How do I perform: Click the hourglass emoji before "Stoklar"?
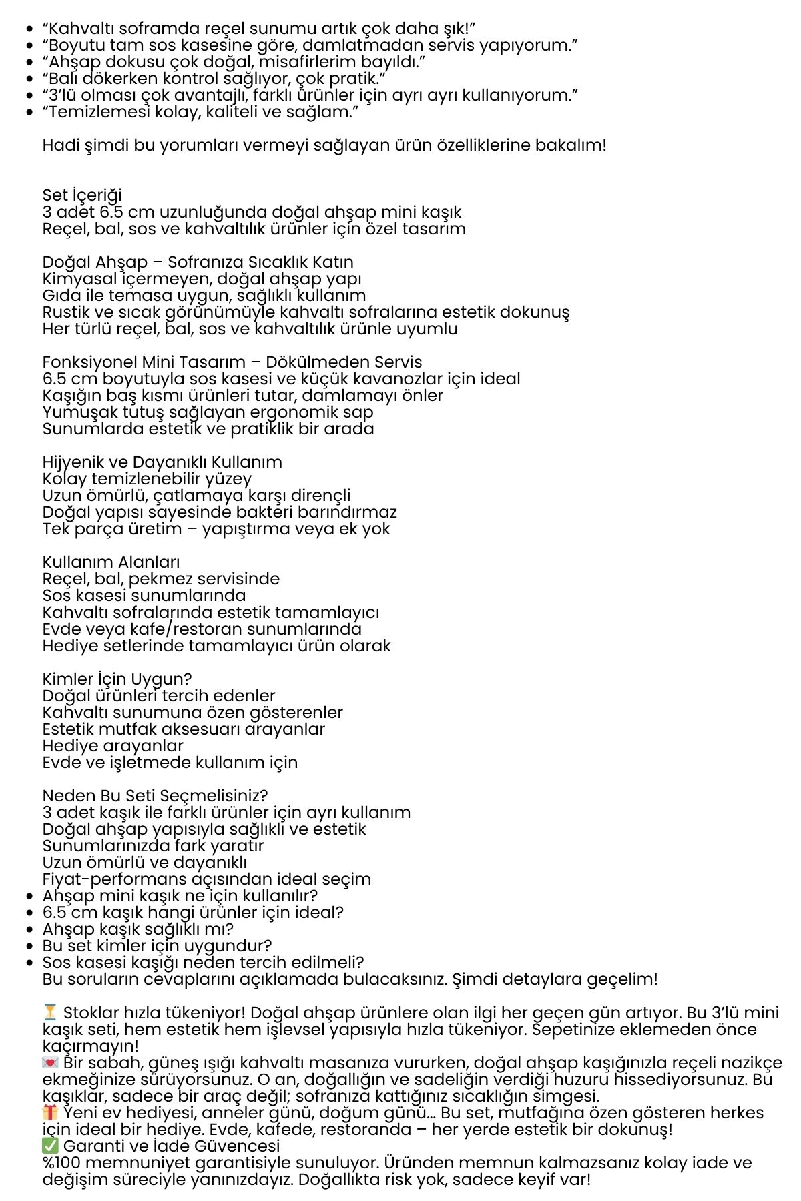coord(50,1013)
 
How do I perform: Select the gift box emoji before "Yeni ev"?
coord(50,1113)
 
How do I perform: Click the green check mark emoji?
coord(50,1146)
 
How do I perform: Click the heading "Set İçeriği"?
coord(82,195)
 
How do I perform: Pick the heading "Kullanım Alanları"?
coord(111,562)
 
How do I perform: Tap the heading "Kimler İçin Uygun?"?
coord(117,679)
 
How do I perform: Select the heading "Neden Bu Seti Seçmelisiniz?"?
coord(155,796)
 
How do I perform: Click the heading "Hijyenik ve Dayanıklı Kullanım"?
coord(162,462)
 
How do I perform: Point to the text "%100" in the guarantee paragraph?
coord(61,1163)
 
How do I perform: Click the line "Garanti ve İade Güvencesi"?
coord(172,1146)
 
